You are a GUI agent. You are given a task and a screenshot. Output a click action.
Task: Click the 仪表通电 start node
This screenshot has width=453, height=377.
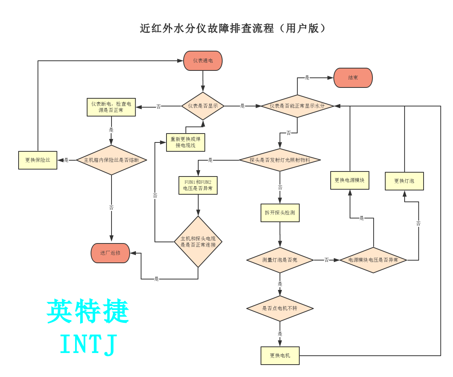click(x=203, y=61)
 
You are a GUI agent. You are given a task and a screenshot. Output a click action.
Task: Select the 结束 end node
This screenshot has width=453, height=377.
click(x=353, y=78)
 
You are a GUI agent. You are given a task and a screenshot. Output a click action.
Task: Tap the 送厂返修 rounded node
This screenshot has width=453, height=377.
click(x=110, y=253)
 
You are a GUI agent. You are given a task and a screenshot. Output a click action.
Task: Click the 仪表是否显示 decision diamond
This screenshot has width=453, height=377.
click(x=203, y=106)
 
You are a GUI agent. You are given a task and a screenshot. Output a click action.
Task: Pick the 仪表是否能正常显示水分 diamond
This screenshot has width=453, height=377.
click(x=297, y=106)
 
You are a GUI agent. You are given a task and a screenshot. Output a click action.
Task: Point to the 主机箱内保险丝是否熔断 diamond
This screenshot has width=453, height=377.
click(x=112, y=160)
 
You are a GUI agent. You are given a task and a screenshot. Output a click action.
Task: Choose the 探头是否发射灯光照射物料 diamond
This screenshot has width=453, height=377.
click(x=280, y=160)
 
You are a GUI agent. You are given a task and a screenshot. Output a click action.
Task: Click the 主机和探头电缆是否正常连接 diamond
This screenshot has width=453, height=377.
click(x=198, y=242)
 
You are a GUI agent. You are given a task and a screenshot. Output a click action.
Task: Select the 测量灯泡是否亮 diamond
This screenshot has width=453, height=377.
click(x=280, y=260)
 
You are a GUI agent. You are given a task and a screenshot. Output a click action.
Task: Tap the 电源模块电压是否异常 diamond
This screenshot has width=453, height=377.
click(x=373, y=260)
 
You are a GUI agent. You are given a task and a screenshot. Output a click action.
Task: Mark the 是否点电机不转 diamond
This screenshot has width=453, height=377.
click(x=280, y=308)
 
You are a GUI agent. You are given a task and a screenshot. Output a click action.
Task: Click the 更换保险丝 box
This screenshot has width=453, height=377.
click(x=38, y=160)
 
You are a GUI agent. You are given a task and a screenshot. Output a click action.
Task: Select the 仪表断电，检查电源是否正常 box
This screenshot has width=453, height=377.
click(x=111, y=107)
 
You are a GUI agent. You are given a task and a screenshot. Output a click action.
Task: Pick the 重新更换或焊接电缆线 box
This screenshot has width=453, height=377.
click(x=185, y=142)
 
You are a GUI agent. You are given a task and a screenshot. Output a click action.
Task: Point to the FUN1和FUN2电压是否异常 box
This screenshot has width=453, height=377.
click(x=198, y=185)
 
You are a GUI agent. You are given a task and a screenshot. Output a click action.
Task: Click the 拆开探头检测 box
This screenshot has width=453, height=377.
click(x=280, y=213)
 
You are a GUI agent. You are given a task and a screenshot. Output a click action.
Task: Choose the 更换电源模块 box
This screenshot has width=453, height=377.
click(x=350, y=180)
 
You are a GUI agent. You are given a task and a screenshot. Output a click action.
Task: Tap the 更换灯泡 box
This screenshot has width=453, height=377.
click(x=404, y=181)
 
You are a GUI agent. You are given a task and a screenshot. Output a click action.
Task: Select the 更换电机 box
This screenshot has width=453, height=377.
click(x=280, y=355)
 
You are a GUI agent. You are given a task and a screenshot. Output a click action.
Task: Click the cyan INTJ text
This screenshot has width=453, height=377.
click(x=89, y=344)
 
